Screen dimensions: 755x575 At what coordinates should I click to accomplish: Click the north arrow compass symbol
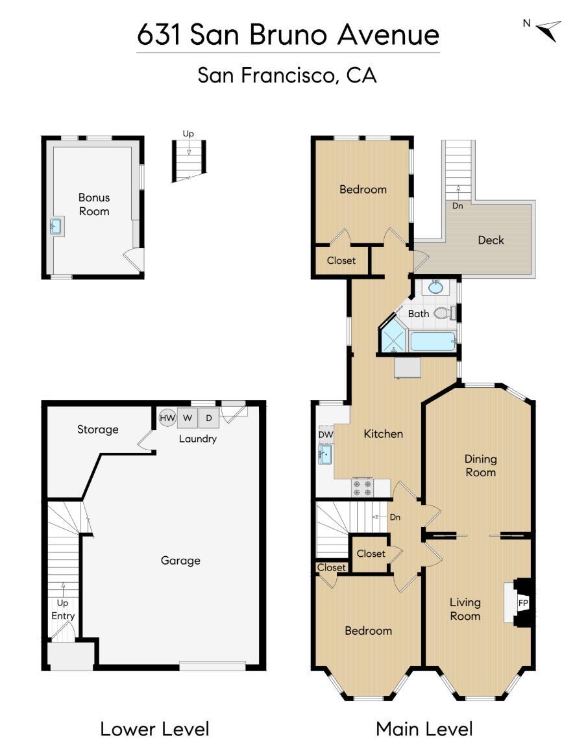pos(547,30)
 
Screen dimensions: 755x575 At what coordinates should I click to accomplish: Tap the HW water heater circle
pos(167,418)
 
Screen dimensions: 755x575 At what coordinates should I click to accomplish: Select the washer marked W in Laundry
pos(188,418)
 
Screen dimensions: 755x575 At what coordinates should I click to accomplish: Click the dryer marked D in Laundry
pos(208,418)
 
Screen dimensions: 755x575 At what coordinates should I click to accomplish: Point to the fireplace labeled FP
pos(522,603)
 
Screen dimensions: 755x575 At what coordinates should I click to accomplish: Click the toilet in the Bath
pos(443,313)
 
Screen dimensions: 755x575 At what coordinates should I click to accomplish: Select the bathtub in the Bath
pos(432,341)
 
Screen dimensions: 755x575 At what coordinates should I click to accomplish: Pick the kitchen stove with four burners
pos(363,487)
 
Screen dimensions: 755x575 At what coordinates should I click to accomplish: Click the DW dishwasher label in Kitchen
pos(325,434)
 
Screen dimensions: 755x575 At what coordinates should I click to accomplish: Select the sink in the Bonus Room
pos(56,227)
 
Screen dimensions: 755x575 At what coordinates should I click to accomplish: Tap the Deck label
pos(491,240)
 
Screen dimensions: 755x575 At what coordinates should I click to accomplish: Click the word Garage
pos(180,560)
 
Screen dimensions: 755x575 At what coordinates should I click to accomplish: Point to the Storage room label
pos(98,429)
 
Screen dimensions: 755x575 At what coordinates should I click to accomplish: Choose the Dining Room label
pos(480,466)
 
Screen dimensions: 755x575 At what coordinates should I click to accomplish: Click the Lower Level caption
pos(154,728)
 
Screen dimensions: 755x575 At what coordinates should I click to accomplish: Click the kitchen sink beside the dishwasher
pos(325,454)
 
